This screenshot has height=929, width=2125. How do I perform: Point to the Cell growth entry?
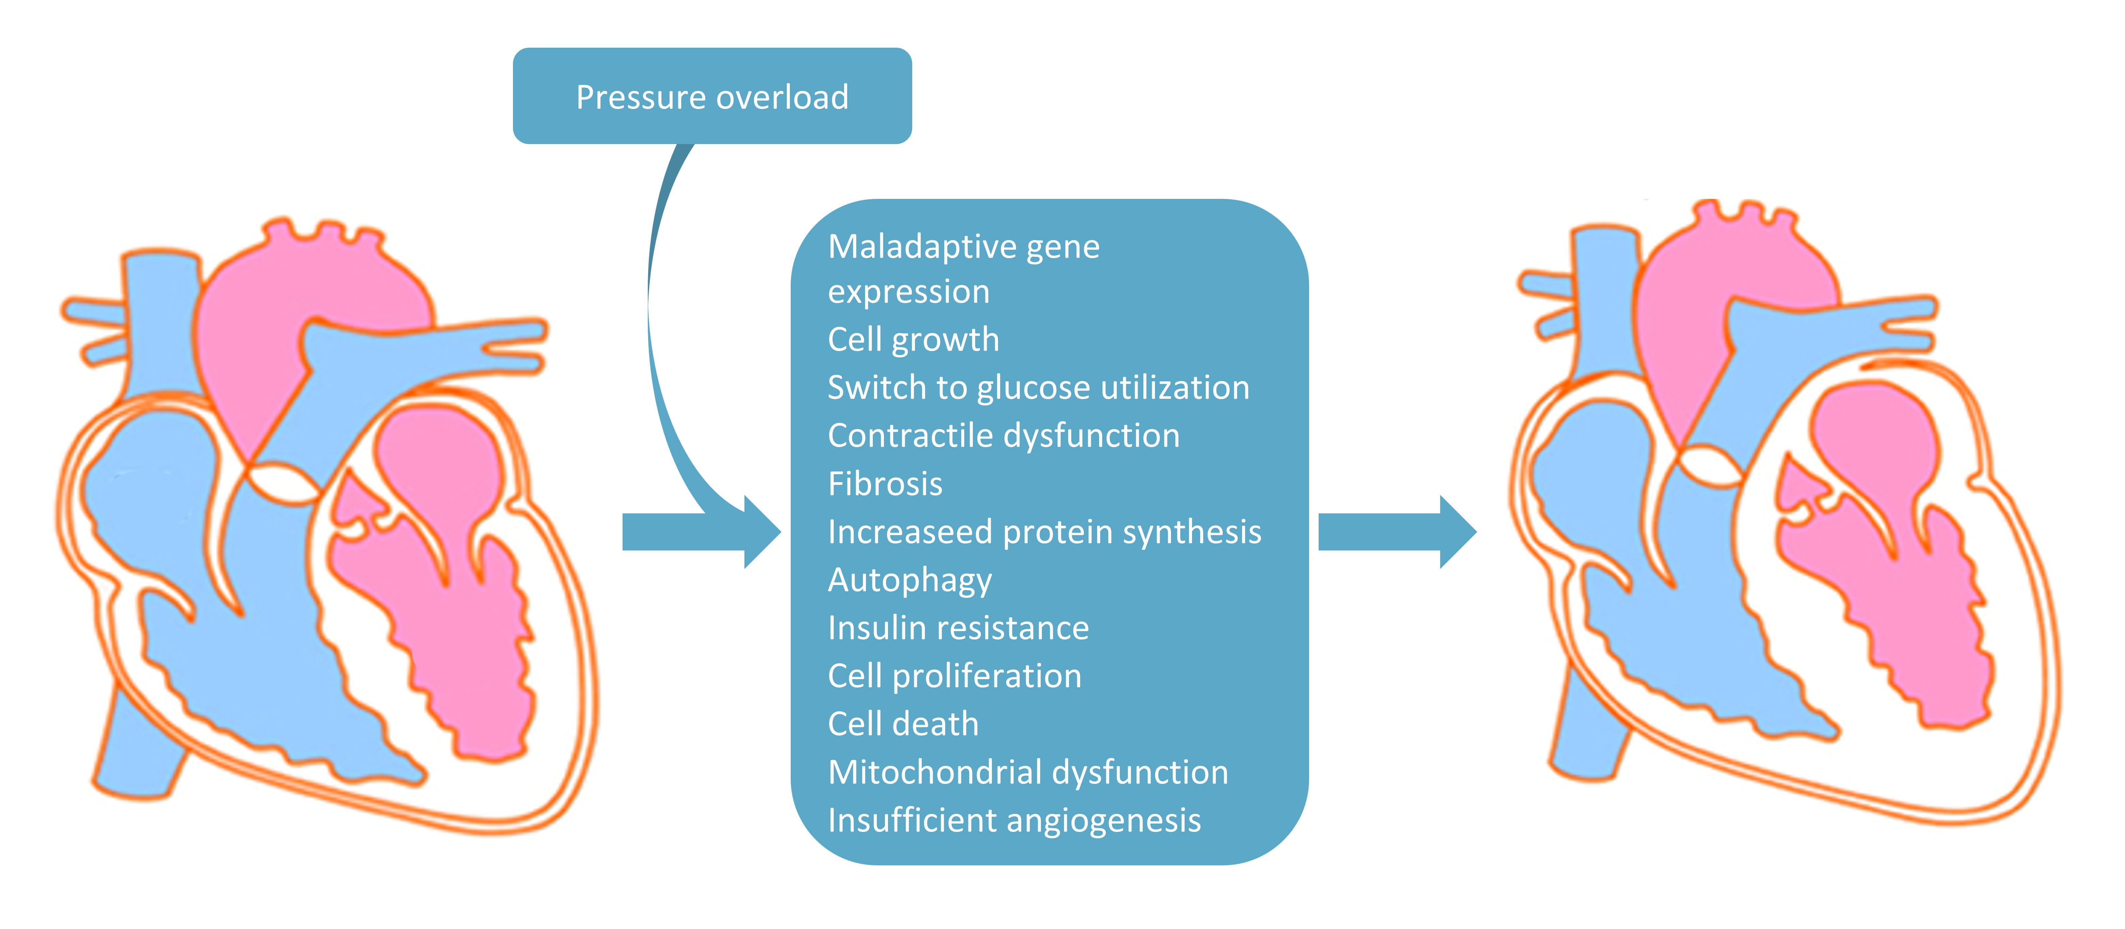[913, 339]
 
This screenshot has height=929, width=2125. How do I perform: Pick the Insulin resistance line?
[958, 628]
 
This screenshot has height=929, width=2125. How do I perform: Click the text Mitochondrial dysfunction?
[1028, 772]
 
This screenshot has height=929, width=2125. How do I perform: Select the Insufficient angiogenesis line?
[1014, 820]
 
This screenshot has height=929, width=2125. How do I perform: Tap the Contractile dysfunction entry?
[1003, 436]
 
